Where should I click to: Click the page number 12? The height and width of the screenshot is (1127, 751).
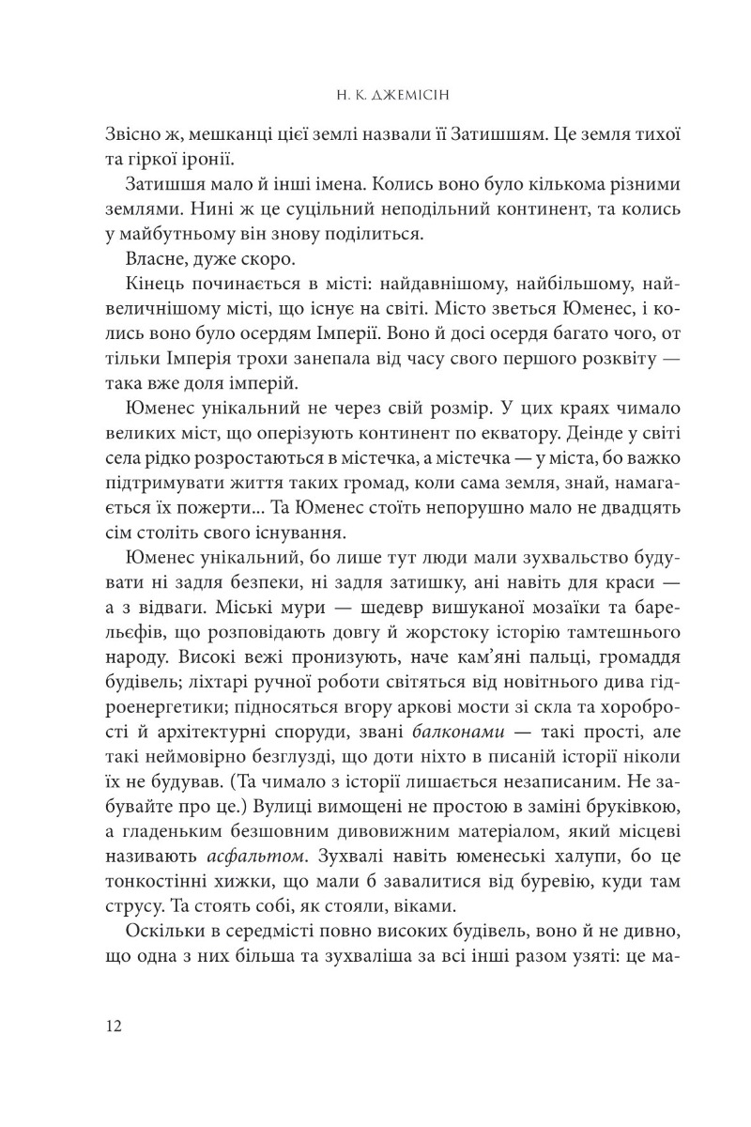115,1024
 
